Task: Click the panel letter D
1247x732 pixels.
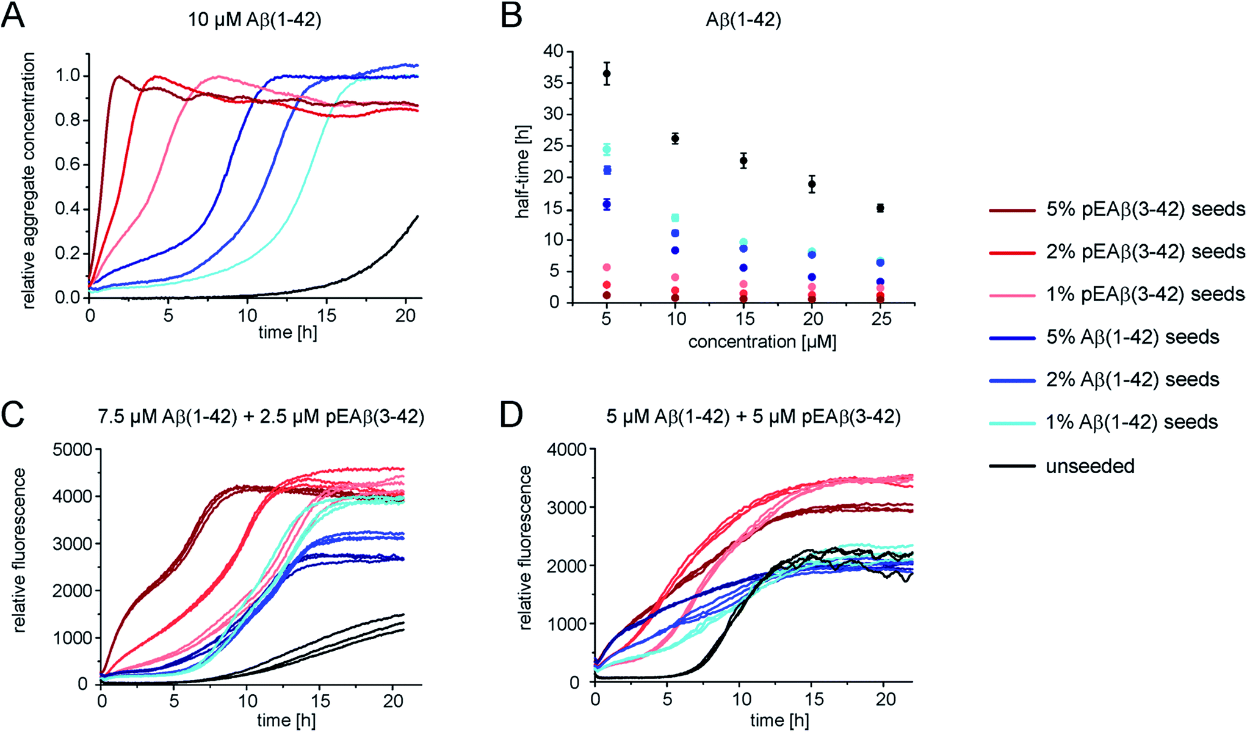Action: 511,415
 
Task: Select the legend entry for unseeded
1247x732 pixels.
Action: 1090,466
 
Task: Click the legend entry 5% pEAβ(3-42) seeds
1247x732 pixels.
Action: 1145,209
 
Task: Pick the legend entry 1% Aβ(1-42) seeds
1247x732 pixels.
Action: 1132,422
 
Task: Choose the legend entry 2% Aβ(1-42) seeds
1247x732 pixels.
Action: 1132,379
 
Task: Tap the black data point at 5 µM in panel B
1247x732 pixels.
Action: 607,74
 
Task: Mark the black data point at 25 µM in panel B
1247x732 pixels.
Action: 880,208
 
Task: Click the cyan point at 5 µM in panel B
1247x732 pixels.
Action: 607,150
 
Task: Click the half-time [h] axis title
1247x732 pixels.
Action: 522,177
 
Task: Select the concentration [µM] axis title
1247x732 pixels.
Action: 762,342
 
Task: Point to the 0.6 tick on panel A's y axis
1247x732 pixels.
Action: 67,165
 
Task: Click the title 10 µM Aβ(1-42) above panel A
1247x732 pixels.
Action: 255,20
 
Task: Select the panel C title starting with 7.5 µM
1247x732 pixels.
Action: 261,417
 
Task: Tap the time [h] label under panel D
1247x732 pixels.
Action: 779,720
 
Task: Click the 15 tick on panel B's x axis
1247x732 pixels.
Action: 745,319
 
